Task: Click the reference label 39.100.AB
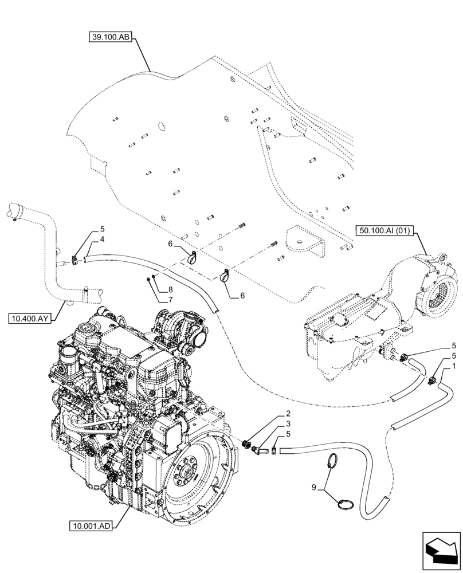111,38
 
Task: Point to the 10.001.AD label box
91,525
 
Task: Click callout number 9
313,487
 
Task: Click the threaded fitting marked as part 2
249,443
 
